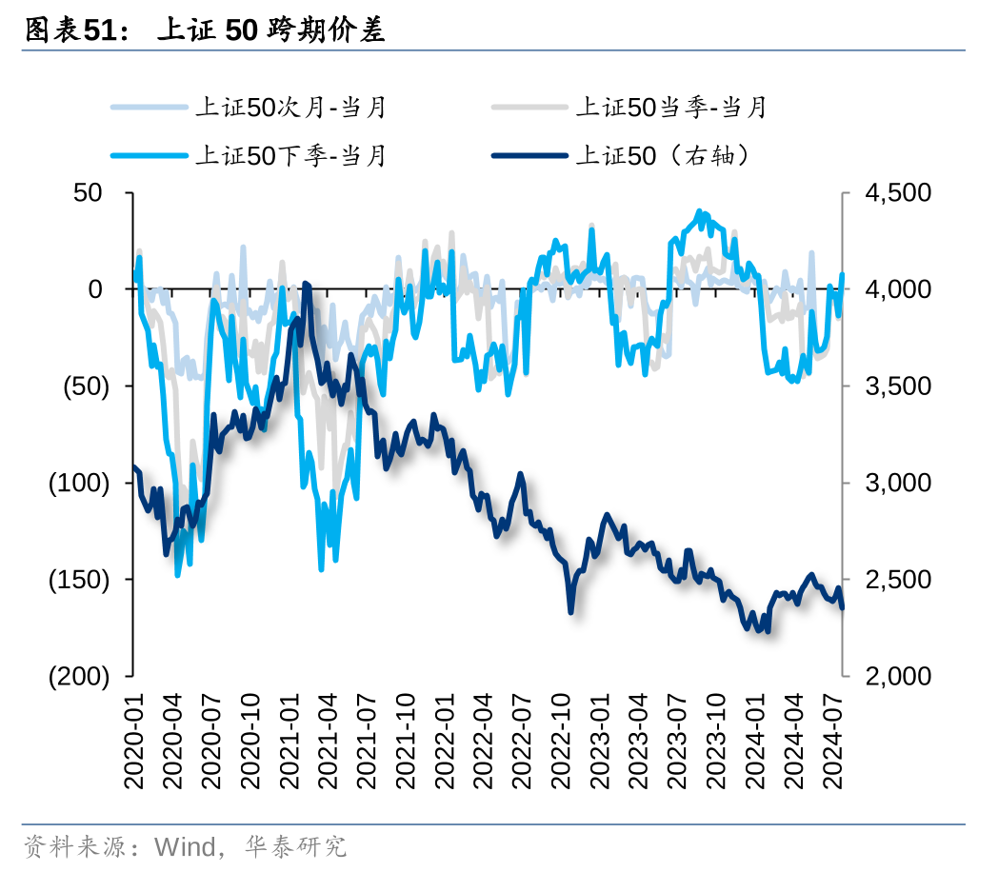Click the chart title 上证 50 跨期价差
(x=270, y=30)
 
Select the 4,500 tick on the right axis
(x=898, y=192)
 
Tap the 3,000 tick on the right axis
(x=898, y=483)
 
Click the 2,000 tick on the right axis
(x=898, y=676)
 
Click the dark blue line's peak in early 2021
(x=306, y=284)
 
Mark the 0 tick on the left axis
(x=95, y=289)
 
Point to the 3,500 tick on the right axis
(x=898, y=386)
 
